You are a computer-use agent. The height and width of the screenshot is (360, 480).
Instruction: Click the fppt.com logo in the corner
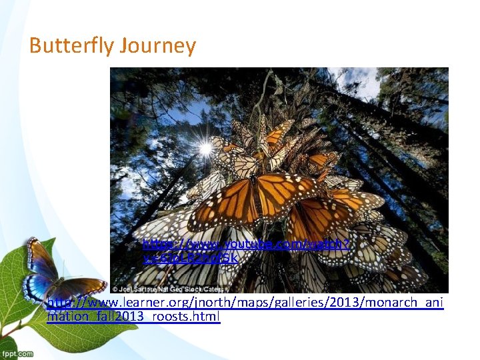(x=17, y=353)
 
